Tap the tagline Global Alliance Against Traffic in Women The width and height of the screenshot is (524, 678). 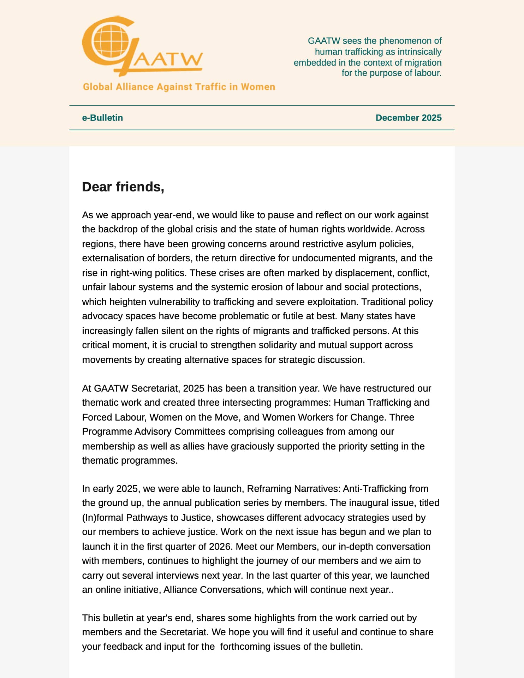click(179, 87)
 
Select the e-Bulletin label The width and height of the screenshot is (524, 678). click(102, 118)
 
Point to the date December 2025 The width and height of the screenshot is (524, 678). click(408, 118)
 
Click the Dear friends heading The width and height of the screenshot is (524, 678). click(123, 187)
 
